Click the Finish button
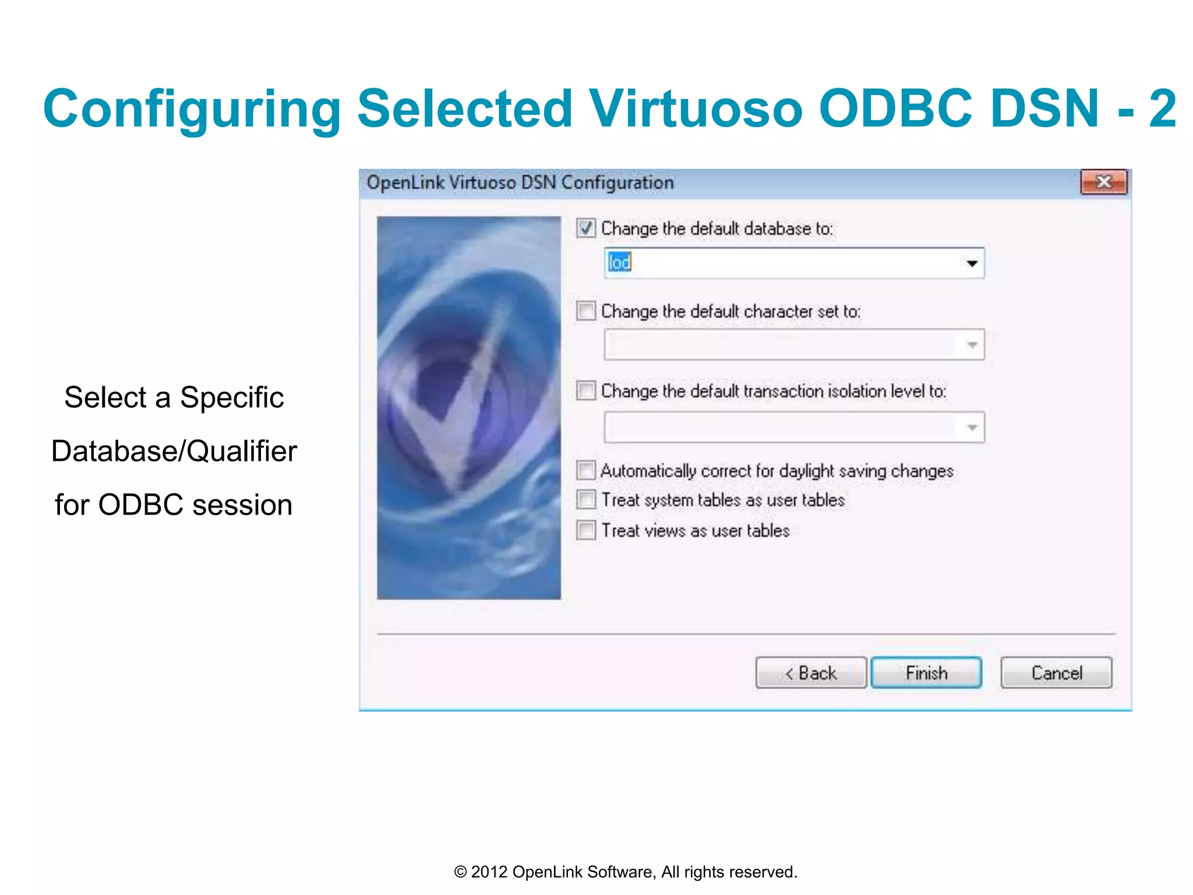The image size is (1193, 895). [926, 673]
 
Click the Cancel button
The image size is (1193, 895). [1056, 673]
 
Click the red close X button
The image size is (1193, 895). [1103, 182]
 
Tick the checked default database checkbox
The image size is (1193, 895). [586, 228]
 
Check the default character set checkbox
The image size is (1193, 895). [586, 311]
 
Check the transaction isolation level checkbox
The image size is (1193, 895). [586, 390]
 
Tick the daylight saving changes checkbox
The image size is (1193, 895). [586, 470]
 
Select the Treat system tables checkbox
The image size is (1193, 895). [586, 499]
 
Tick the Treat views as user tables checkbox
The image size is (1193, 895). [586, 530]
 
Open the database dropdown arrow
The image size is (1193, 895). [972, 263]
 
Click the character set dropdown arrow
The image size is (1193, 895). [972, 345]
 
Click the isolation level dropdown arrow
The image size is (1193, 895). [972, 428]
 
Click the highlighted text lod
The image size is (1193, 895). [619, 263]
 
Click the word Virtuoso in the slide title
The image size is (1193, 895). [696, 108]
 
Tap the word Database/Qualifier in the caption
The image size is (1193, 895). [174, 451]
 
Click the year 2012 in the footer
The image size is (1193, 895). [487, 872]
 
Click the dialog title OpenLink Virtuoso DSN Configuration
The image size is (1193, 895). [520, 183]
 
